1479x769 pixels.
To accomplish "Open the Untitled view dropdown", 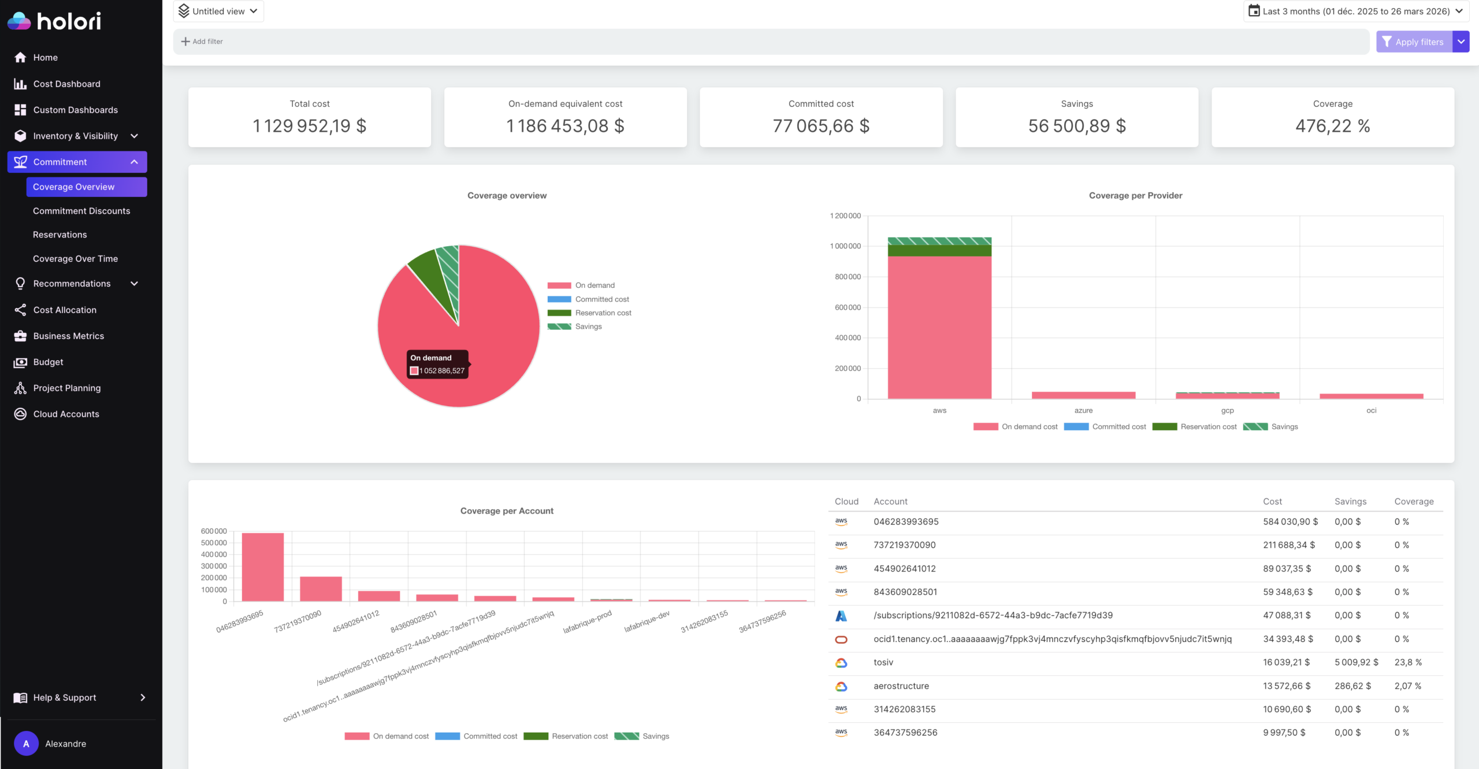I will [218, 11].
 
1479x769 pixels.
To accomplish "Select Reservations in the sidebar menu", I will [60, 235].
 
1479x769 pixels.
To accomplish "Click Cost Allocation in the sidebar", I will [65, 310].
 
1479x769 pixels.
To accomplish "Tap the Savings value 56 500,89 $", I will [1076, 126].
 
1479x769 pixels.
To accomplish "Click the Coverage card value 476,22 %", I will [1332, 126].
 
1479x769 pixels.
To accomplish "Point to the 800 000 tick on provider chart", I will [847, 277].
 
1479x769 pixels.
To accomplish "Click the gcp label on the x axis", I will [1227, 411].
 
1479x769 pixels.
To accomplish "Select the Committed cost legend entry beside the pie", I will [601, 299].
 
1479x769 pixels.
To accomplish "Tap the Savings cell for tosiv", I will [1355, 662].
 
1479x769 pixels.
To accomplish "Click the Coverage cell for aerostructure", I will [1407, 686].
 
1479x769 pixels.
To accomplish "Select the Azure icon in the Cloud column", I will [841, 616].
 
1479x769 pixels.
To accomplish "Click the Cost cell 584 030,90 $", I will [1290, 522].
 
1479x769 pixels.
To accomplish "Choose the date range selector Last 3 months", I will [1355, 11].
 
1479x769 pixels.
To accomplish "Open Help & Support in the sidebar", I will [65, 697].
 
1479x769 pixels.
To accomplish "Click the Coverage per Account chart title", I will [506, 511].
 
